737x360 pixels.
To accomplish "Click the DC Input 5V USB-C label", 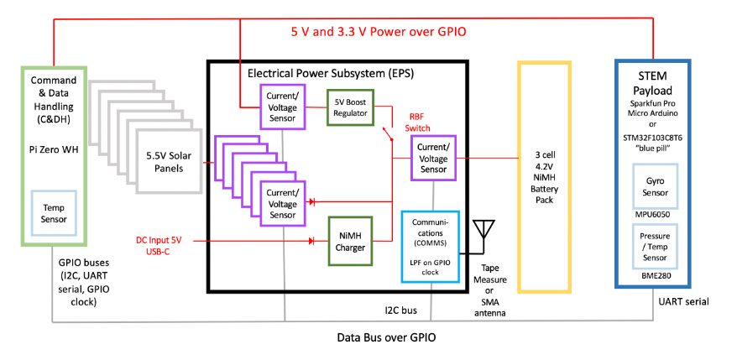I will pos(165,245).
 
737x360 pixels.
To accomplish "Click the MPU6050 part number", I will pos(654,215).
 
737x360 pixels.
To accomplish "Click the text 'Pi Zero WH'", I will pos(53,147).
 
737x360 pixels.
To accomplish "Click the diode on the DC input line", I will pos(311,241).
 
